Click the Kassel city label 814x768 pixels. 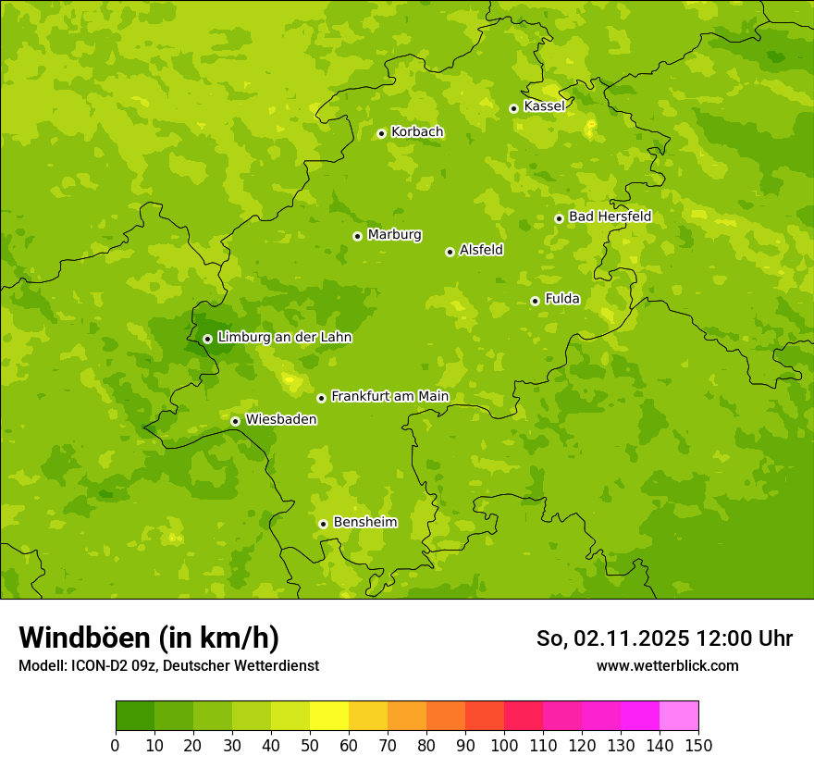pos(544,106)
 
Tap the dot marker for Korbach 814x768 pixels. pos(381,133)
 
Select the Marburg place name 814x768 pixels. pos(394,234)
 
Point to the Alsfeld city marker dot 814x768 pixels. pos(450,252)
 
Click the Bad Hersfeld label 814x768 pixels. pos(610,217)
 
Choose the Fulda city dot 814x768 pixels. pos(535,301)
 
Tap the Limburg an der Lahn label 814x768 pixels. pos(284,338)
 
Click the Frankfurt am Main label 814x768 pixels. pos(389,396)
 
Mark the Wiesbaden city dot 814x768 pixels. pos(235,421)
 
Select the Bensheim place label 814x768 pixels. pos(364,522)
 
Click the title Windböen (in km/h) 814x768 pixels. pos(149,638)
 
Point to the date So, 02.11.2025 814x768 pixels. pos(611,638)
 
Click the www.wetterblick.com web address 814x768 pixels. pos(667,665)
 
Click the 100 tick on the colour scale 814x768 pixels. pos(504,745)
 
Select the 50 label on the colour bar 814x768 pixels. pos(310,745)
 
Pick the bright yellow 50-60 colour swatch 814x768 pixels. pos(329,716)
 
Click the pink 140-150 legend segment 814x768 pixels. pos(679,716)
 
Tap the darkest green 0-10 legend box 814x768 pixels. pos(135,716)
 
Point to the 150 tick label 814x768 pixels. pos(698,745)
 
